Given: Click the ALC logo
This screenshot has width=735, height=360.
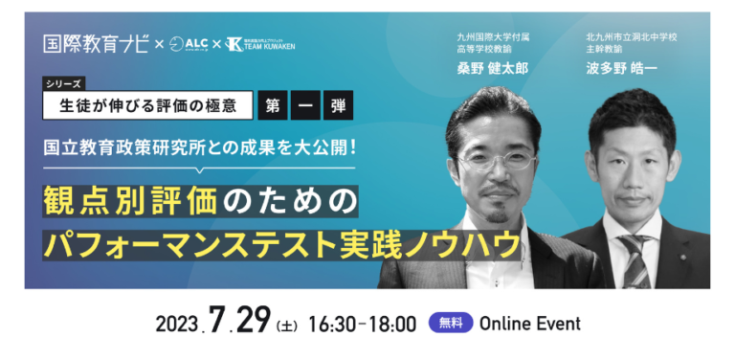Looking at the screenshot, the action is tap(189, 44).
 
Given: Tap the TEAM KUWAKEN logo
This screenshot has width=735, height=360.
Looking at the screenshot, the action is tap(259, 44).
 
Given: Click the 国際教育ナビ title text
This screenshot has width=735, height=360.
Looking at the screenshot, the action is tap(96, 44).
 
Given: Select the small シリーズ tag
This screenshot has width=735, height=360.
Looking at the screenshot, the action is tap(64, 84).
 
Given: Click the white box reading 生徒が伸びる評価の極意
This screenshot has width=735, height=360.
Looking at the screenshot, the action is tap(147, 105).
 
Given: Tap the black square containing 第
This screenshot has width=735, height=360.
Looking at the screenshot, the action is tap(273, 105).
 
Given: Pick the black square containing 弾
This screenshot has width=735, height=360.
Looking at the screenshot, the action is tap(339, 105).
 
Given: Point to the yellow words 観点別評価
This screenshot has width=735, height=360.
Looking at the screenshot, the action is tap(130, 201).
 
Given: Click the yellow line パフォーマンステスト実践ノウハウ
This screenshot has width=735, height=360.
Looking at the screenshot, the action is tap(281, 245).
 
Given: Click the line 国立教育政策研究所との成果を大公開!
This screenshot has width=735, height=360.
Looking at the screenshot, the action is tap(200, 149).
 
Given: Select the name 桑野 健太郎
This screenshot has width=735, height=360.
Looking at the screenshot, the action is tap(492, 69).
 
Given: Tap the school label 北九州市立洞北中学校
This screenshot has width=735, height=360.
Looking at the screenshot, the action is tap(632, 37).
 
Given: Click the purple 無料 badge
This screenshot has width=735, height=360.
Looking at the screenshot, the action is tap(451, 323).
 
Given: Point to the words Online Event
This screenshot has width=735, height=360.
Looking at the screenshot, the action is tap(529, 324).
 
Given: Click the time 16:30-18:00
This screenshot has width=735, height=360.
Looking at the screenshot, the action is tap(363, 324).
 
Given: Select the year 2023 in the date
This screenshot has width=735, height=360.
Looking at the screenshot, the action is tap(176, 324).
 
